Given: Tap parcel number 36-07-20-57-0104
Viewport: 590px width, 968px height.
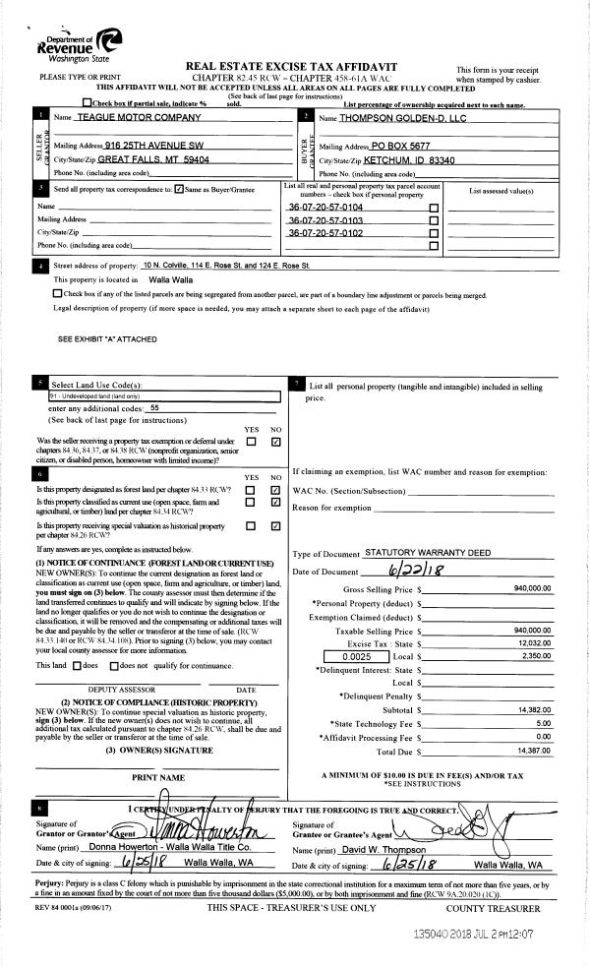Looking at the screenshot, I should coord(325,209).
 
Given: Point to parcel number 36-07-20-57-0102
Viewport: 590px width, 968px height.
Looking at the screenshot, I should coord(325,233).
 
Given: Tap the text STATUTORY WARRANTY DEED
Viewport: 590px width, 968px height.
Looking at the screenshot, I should coord(428,554).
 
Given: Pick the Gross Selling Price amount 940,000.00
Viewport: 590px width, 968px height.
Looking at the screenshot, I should coord(532,588).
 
